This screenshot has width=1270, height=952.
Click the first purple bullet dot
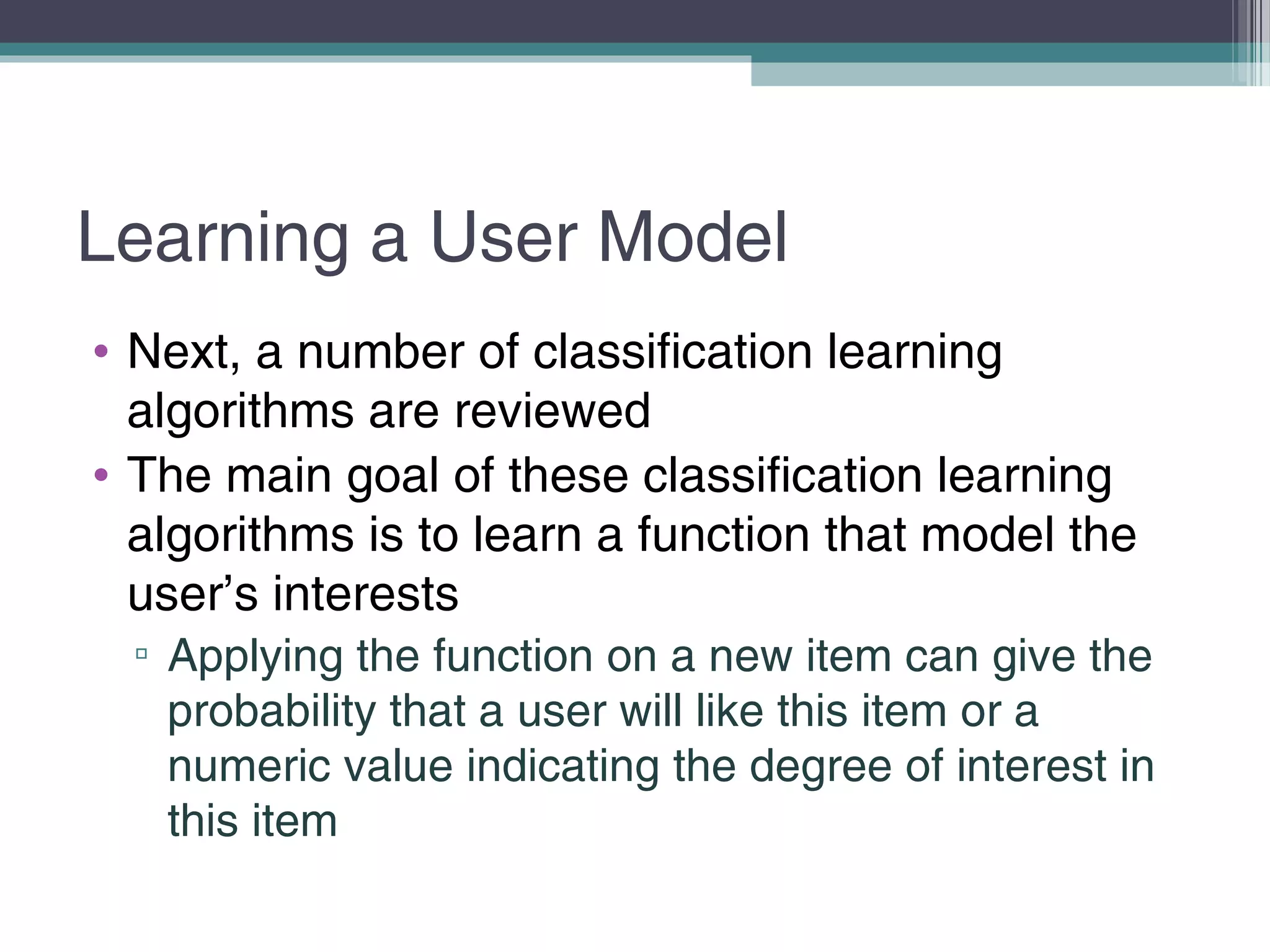[x=101, y=352]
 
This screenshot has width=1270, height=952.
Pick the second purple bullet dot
[x=101, y=475]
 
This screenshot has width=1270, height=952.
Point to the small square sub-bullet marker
[x=141, y=653]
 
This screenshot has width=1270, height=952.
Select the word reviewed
[x=553, y=412]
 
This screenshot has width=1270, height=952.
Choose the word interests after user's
[x=366, y=594]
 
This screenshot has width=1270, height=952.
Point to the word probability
[x=272, y=712]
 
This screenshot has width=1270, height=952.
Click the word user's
[x=192, y=594]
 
